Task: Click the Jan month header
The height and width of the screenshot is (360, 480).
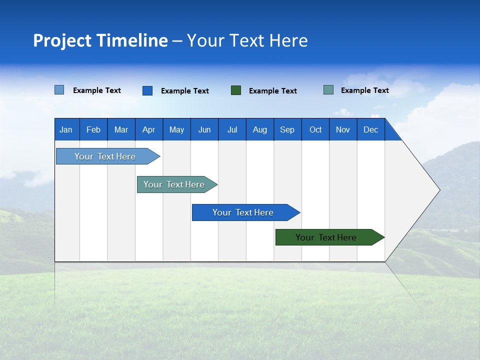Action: click(66, 129)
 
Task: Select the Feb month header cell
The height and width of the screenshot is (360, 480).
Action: click(93, 129)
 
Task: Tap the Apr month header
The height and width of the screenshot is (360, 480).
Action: click(148, 129)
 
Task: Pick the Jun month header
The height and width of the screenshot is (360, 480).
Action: click(204, 129)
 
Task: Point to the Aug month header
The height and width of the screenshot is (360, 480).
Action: click(260, 129)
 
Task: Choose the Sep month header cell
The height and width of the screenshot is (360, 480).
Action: click(287, 129)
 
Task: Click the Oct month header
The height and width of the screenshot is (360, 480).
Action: click(315, 129)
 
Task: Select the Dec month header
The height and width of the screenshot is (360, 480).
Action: click(371, 129)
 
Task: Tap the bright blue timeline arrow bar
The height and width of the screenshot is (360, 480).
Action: click(243, 212)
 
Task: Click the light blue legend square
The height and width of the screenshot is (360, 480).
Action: click(59, 90)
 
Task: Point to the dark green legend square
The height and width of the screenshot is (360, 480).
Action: click(236, 90)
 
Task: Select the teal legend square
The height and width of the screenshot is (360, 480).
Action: click(328, 90)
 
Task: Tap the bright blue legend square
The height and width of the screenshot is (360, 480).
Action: click(147, 90)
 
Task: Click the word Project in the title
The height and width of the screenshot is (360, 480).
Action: click(63, 40)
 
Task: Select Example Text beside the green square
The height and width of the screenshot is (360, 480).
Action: click(273, 91)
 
